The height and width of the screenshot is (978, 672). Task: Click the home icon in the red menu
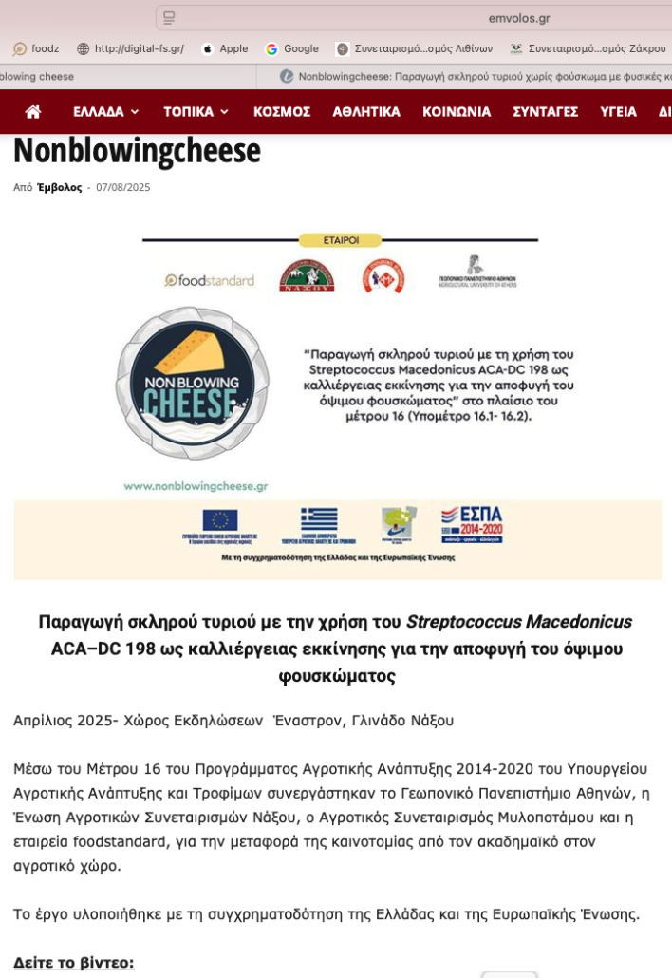pyautogui.click(x=33, y=112)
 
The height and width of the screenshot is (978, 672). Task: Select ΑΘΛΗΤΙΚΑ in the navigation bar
pyautogui.click(x=366, y=112)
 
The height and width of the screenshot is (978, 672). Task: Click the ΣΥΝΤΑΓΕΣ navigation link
pyautogui.click(x=545, y=112)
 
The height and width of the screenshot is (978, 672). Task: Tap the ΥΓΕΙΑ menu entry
pyautogui.click(x=618, y=112)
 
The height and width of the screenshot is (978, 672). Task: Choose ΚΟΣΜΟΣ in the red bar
pyautogui.click(x=282, y=112)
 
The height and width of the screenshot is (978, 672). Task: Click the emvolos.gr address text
pyautogui.click(x=519, y=18)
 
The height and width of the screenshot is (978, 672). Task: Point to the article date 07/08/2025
pyautogui.click(x=123, y=188)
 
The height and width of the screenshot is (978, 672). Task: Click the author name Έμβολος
pyautogui.click(x=60, y=188)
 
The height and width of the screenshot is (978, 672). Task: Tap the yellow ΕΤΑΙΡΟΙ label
pyautogui.click(x=340, y=240)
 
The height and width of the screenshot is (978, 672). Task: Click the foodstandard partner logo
pyautogui.click(x=210, y=280)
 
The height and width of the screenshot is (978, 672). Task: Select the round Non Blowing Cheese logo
pyautogui.click(x=192, y=383)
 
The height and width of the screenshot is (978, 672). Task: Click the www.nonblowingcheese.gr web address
pyautogui.click(x=196, y=485)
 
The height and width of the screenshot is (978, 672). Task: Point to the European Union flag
pyautogui.click(x=220, y=520)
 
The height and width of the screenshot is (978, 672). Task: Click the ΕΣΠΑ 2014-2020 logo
pyautogui.click(x=472, y=523)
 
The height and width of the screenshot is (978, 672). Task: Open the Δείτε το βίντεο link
pyautogui.click(x=74, y=963)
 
